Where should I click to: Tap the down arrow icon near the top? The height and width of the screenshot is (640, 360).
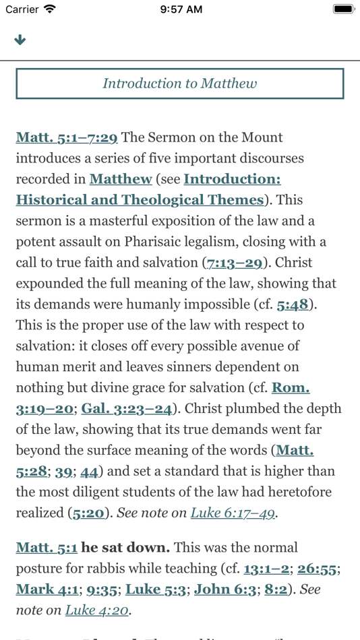point(20,40)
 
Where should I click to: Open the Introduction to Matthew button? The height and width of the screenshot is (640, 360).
point(179,84)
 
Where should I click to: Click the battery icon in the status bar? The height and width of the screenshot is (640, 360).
point(344,9)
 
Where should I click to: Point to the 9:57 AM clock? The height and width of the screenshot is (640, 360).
point(181,9)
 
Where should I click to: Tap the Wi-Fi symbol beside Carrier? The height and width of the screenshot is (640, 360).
point(50,9)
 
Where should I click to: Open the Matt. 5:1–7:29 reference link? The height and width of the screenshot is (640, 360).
point(67,137)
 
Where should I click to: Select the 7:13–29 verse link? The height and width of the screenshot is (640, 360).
point(235,263)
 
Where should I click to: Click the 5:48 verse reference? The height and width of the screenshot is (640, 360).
point(293,305)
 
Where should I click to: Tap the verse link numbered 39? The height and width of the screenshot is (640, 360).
point(64,472)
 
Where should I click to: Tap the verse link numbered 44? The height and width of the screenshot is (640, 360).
point(89,472)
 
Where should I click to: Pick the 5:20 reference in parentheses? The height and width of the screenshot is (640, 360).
point(88,513)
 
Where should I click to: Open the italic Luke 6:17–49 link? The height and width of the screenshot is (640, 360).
point(233,513)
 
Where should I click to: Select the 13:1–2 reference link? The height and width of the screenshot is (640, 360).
point(266,569)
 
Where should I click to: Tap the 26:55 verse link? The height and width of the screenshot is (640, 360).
point(317,569)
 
